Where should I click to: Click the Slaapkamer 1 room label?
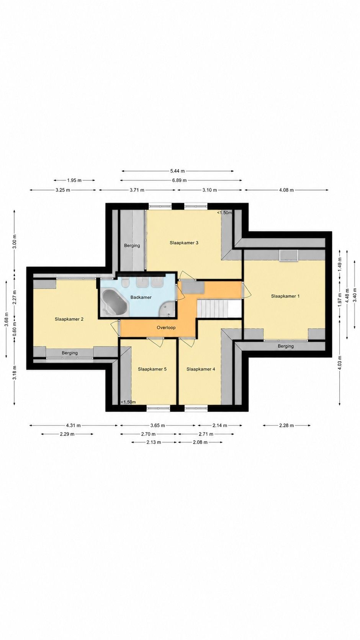[x=285, y=296]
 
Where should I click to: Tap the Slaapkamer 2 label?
[x=69, y=319]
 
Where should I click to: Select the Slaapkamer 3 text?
[x=184, y=243]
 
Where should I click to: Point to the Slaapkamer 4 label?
[x=201, y=369]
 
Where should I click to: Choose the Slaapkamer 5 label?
[x=152, y=369]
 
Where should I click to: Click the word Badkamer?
[x=141, y=297]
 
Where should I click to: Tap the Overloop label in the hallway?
[x=166, y=328]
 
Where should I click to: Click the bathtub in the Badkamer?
[x=114, y=302]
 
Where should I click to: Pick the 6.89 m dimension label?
[x=179, y=180]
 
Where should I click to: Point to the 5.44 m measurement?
[x=178, y=171]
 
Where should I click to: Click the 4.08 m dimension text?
[x=286, y=190]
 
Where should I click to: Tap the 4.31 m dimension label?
[x=73, y=425]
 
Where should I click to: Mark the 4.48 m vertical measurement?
[x=347, y=294]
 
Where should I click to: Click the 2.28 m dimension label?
[x=286, y=425]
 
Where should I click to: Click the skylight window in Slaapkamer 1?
[x=289, y=255]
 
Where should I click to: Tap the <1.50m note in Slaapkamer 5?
[x=128, y=402]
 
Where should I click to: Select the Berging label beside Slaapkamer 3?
[x=132, y=245]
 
